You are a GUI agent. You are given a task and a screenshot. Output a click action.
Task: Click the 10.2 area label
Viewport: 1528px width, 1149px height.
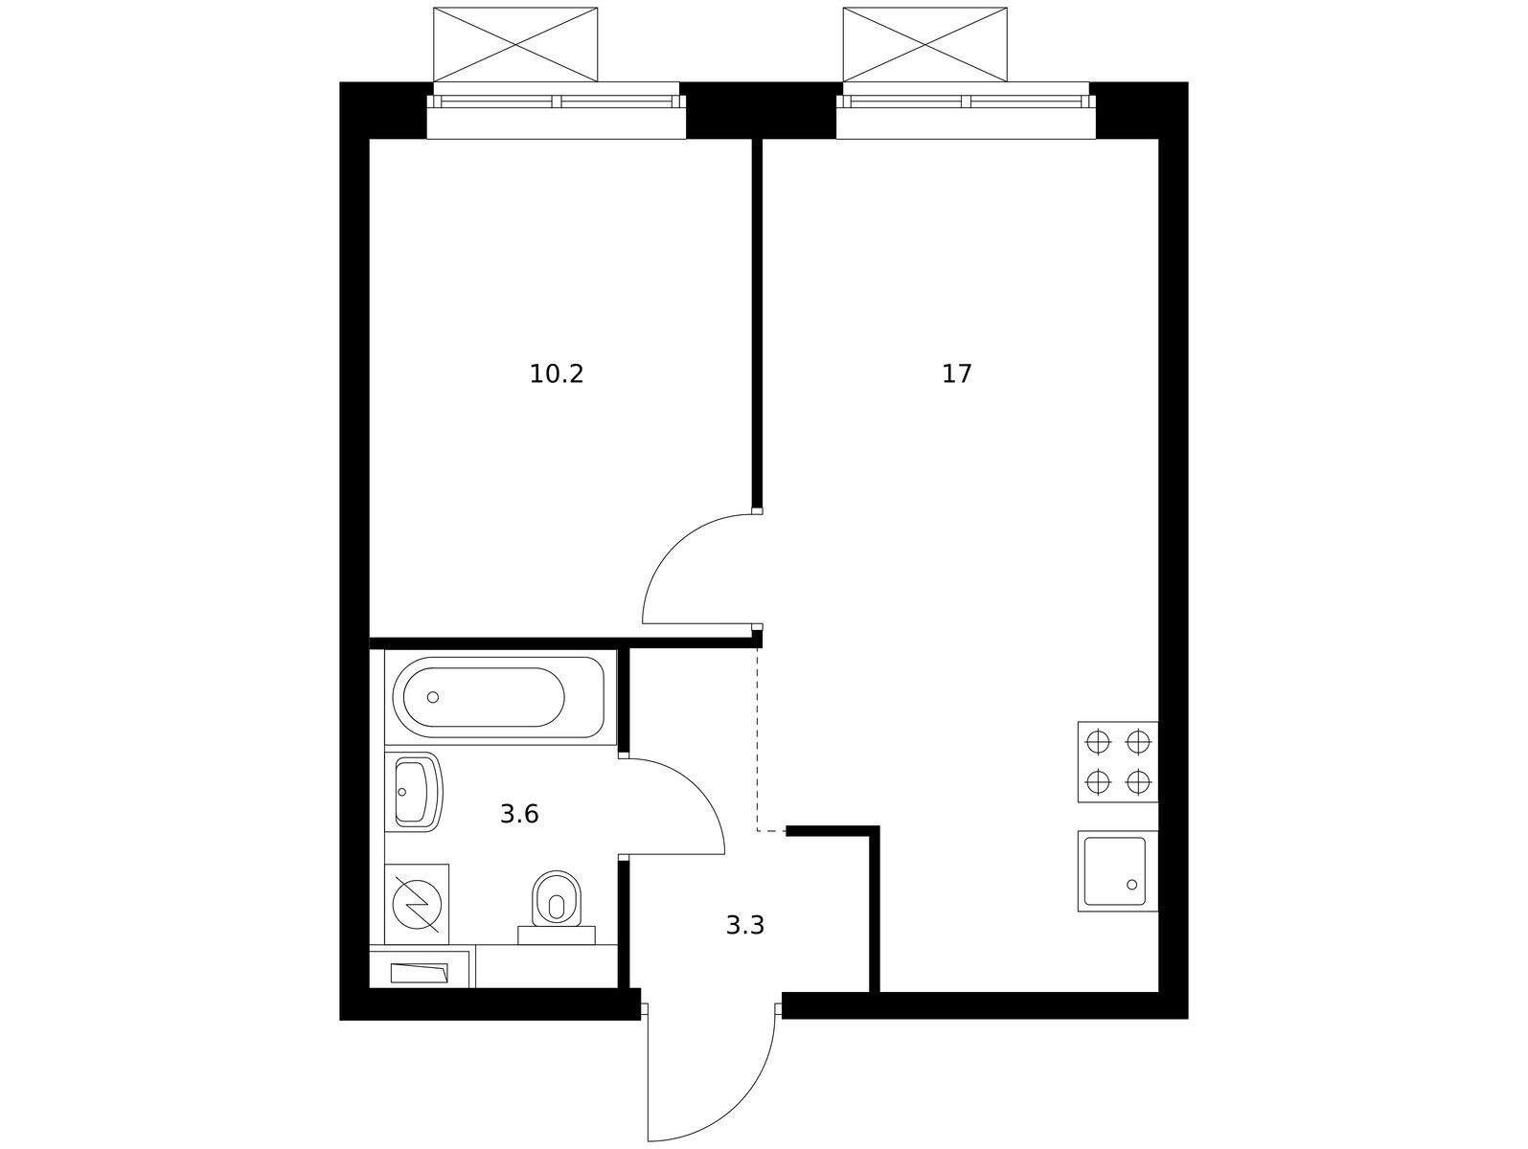pos(557,374)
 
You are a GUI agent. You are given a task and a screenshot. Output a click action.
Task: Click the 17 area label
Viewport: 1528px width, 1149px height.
pos(957,374)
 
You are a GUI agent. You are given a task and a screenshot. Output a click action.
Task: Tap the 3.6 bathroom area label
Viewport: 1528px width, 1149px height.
pos(519,815)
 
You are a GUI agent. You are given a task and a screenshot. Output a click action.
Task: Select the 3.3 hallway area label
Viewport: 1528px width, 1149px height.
pos(745,926)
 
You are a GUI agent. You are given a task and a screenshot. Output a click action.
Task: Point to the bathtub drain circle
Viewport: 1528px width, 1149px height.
pos(433,697)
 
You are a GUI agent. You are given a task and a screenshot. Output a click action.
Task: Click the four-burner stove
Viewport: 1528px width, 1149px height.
pos(1118,762)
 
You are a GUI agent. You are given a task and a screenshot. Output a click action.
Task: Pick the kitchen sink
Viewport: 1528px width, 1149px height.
pos(1117,871)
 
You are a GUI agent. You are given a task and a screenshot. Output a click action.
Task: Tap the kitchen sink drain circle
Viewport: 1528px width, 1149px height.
pos(1132,886)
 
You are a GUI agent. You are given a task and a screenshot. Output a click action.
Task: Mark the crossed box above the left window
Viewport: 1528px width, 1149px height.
pos(515,44)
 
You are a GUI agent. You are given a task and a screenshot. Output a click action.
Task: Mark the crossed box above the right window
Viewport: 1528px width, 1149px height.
pos(925,44)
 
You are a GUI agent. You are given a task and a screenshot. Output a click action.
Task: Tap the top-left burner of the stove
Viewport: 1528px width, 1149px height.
pos(1098,741)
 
